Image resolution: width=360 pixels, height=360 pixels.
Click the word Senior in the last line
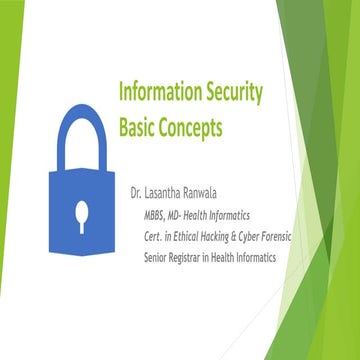pos(159,258)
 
